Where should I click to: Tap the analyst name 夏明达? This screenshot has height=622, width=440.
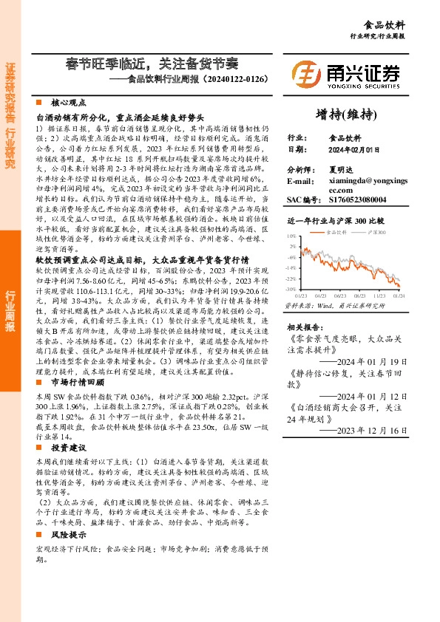click(x=342, y=169)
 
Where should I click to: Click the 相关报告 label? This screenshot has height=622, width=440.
click(x=303, y=326)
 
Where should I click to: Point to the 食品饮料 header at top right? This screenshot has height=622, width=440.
click(x=407, y=24)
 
